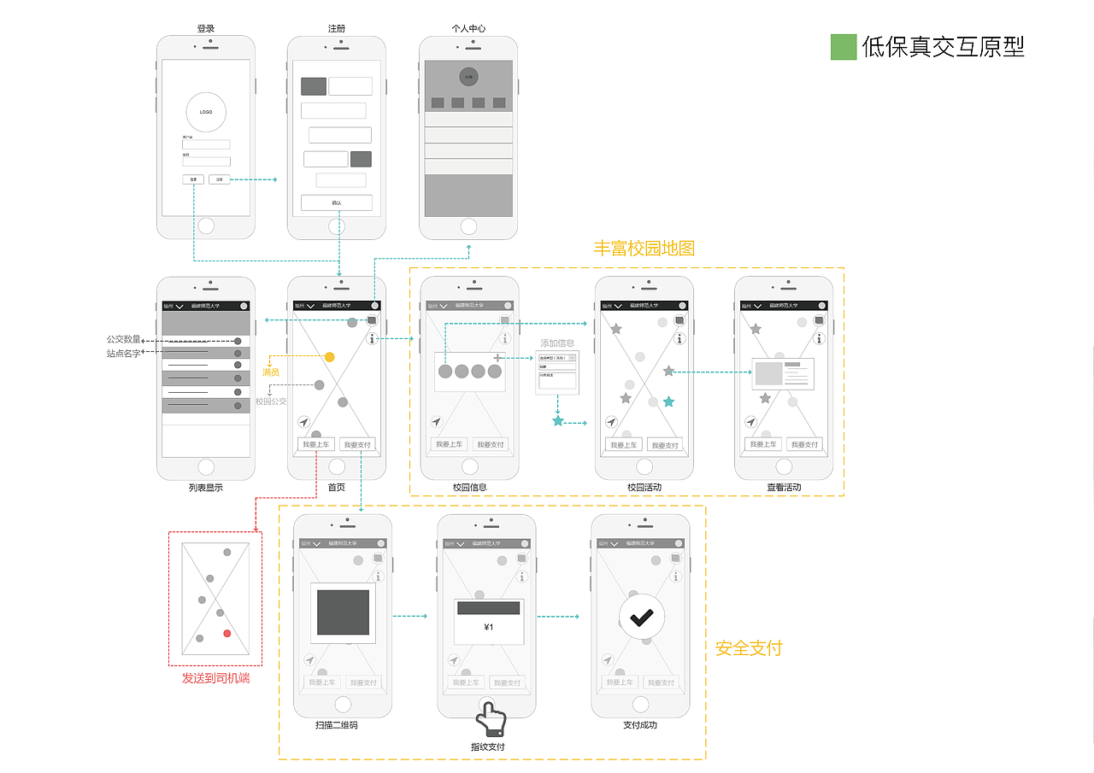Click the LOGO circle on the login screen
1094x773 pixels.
coord(206,112)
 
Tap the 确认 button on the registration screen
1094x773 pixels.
coord(336,202)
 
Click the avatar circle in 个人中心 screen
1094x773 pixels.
coord(468,76)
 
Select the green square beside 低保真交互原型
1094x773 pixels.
coord(843,47)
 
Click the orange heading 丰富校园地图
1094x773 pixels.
coord(644,249)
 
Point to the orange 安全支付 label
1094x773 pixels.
coord(749,648)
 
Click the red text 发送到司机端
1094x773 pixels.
coord(216,678)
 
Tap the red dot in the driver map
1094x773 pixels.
coord(227,633)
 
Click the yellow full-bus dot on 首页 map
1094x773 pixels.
coord(330,357)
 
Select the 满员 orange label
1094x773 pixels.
coord(271,372)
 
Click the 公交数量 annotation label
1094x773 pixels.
coord(123,340)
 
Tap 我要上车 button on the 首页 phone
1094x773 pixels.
coord(315,444)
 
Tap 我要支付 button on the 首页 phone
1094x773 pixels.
coord(356,444)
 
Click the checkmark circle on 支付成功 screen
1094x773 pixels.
coord(642,616)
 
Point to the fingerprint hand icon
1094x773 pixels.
coord(491,720)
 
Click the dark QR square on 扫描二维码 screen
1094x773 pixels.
coord(343,612)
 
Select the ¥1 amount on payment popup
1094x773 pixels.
coord(488,628)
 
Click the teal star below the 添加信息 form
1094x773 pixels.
coord(558,421)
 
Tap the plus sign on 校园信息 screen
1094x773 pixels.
coord(498,357)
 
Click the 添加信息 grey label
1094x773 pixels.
coord(557,343)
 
